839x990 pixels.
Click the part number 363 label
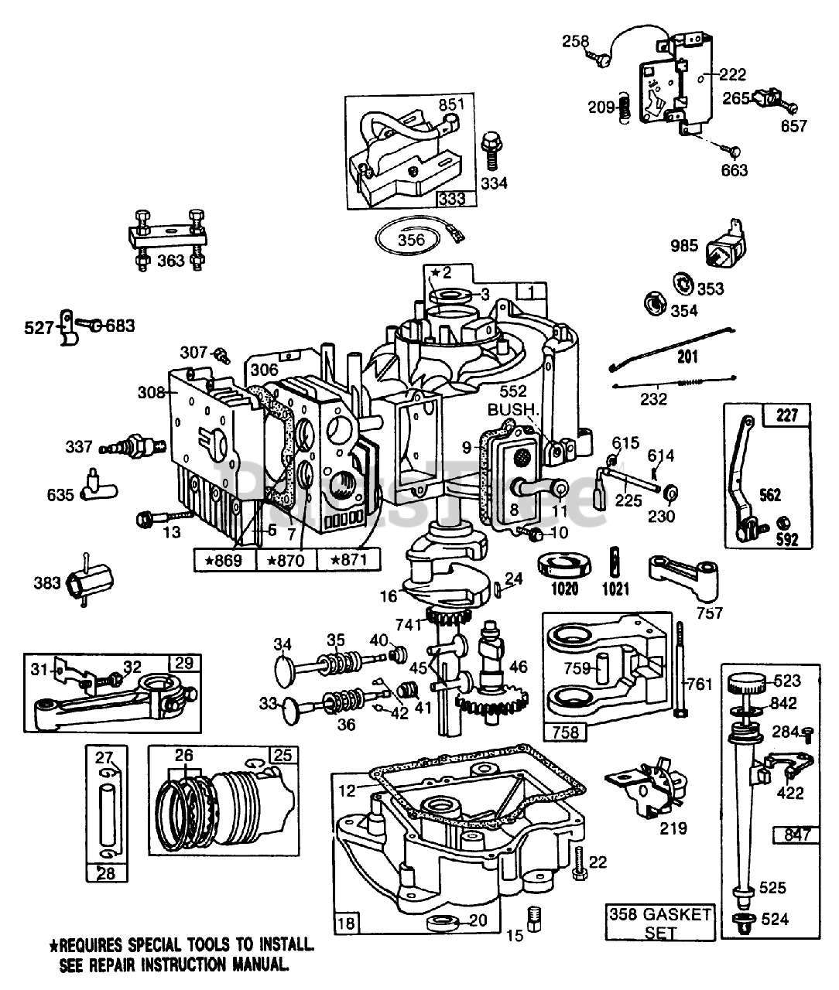point(170,260)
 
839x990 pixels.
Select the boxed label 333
point(451,198)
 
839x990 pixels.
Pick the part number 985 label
point(684,246)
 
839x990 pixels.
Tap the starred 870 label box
point(286,558)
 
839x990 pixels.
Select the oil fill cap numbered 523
point(747,683)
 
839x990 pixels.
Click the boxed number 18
point(346,920)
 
